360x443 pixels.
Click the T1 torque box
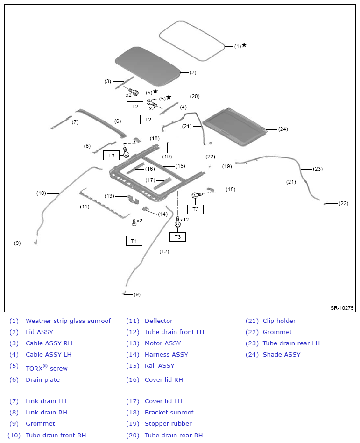coord(134,241)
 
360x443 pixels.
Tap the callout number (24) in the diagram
coord(283,129)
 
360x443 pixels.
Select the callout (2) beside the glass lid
coord(193,72)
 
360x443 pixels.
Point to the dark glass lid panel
coord(147,64)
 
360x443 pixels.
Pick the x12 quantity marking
coord(184,220)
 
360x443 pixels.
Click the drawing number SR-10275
coord(342,308)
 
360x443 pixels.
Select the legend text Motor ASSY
coord(162,343)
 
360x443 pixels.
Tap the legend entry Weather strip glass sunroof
coord(68,321)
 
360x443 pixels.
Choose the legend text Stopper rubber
coord(168,423)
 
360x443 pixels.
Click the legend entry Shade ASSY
coord(282,354)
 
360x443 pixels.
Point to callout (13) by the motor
coord(109,196)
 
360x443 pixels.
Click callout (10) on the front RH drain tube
coord(41,193)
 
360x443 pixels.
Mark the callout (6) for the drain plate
coord(117,121)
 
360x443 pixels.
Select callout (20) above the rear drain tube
coord(195,96)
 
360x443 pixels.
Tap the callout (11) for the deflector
coord(85,207)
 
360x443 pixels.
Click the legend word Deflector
coord(158,321)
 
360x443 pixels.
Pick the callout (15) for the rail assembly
coord(180,166)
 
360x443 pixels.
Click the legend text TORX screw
coord(46,368)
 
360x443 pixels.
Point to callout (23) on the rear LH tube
coord(318,169)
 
